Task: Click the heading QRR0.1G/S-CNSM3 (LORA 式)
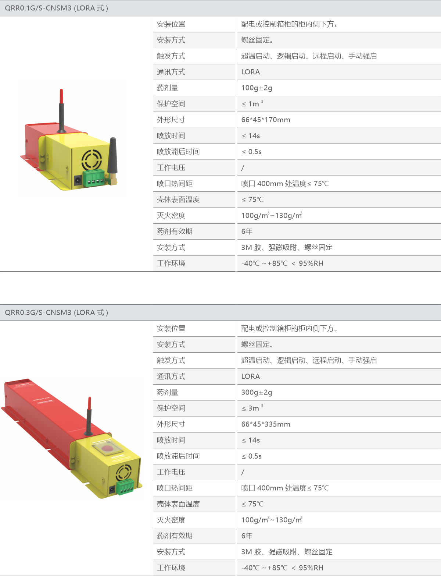click(56, 8)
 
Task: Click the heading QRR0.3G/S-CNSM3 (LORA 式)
click(56, 312)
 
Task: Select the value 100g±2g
click(257, 88)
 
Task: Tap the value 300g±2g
click(257, 392)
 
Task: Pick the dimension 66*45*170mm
click(266, 120)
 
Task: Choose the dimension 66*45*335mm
click(266, 424)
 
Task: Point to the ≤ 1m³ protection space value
click(252, 103)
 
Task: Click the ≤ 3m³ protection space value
click(252, 408)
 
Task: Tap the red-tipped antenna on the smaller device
click(61, 111)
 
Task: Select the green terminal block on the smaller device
click(94, 178)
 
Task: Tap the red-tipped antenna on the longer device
click(89, 416)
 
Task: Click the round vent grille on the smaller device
click(92, 160)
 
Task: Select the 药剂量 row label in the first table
click(168, 88)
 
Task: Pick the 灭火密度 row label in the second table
click(171, 520)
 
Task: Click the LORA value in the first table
click(251, 72)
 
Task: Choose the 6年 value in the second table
click(247, 536)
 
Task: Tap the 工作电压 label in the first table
click(171, 168)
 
